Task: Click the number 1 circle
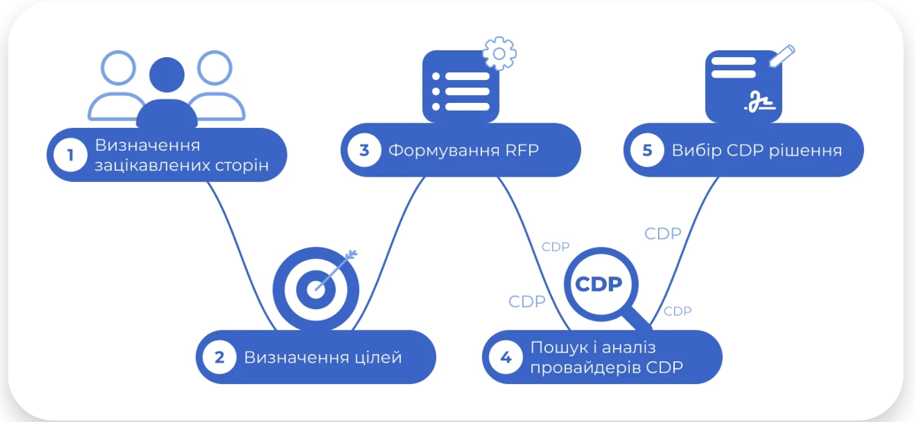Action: (71, 155)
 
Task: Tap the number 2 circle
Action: (220, 357)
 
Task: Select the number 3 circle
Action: (364, 150)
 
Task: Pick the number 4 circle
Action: (506, 357)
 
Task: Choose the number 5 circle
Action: (647, 150)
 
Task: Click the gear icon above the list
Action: (499, 53)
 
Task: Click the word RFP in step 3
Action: (522, 150)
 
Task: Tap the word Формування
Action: (442, 150)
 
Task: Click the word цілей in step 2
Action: (377, 357)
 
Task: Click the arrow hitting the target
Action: (339, 267)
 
